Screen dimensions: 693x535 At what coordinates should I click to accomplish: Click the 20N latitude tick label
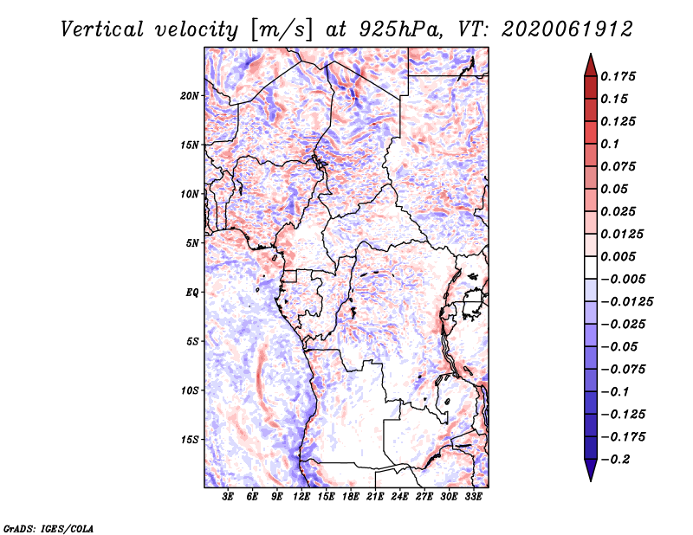pos(190,96)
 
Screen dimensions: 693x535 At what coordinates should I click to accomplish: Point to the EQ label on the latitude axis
pos(192,293)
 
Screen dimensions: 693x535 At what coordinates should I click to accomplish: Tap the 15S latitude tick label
pos(190,440)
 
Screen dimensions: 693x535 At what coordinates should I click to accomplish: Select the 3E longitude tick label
pos(228,497)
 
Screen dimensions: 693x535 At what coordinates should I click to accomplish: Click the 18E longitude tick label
pos(351,497)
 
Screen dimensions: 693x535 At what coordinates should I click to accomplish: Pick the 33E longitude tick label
pos(473,497)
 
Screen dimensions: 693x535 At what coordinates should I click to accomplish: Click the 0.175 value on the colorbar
pos(618,76)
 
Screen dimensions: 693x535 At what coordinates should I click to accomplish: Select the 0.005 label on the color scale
pos(618,256)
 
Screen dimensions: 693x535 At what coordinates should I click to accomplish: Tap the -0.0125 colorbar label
pos(626,302)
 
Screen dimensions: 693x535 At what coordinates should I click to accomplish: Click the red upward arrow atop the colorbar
pos(591,65)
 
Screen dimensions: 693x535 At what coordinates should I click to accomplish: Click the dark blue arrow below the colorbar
pos(591,470)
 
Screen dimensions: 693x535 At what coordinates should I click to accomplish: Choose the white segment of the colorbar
pos(591,267)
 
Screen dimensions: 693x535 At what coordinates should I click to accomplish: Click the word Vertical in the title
pos(102,29)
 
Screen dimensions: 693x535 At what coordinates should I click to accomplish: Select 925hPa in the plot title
pos(400,29)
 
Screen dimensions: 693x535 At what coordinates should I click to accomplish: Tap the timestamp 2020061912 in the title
pos(567,29)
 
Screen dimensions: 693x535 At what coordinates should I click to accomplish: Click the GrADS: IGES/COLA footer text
pos(49,528)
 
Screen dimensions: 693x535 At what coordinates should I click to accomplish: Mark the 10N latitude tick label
pos(190,194)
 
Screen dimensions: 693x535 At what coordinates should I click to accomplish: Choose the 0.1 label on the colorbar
pos(610,144)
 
